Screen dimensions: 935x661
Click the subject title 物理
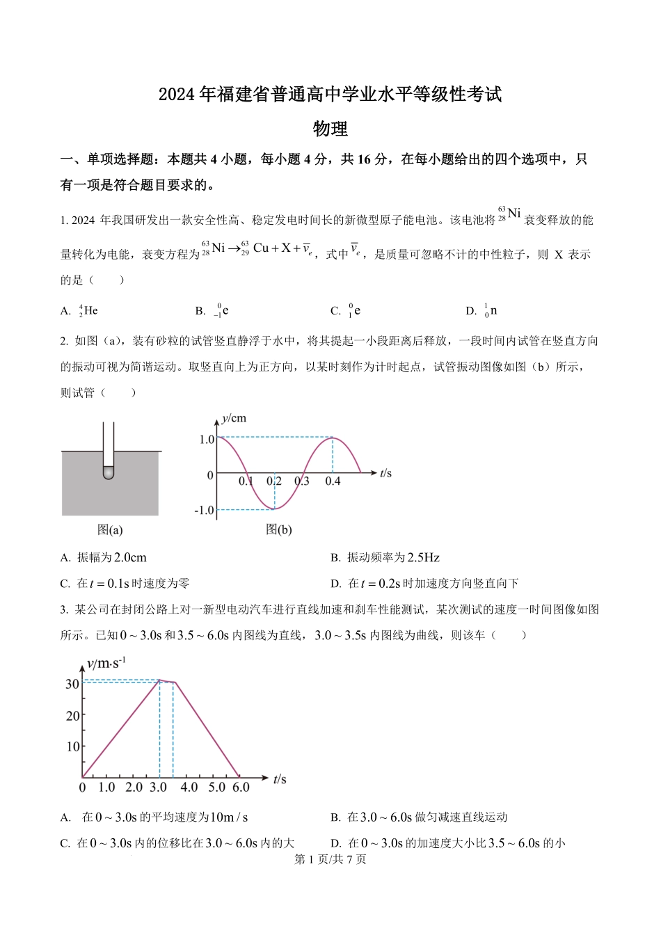330,129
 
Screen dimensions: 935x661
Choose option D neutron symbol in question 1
491,311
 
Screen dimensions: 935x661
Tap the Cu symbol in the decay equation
261,248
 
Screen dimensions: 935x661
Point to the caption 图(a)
110,530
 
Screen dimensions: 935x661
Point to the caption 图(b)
279,530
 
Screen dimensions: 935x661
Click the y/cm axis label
234,418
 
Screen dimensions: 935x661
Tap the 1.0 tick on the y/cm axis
207,440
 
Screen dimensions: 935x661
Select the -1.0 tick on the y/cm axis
205,511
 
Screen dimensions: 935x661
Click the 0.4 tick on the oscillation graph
333,481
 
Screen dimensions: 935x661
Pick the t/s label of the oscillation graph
385,474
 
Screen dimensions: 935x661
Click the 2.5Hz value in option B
424,558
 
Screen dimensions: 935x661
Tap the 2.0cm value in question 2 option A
130,558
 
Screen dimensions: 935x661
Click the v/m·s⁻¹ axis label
106,664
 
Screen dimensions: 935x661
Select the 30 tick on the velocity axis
72,684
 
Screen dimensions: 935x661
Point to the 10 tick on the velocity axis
73,746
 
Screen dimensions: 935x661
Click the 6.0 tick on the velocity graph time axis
241,788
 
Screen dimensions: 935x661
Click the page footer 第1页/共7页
330,859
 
